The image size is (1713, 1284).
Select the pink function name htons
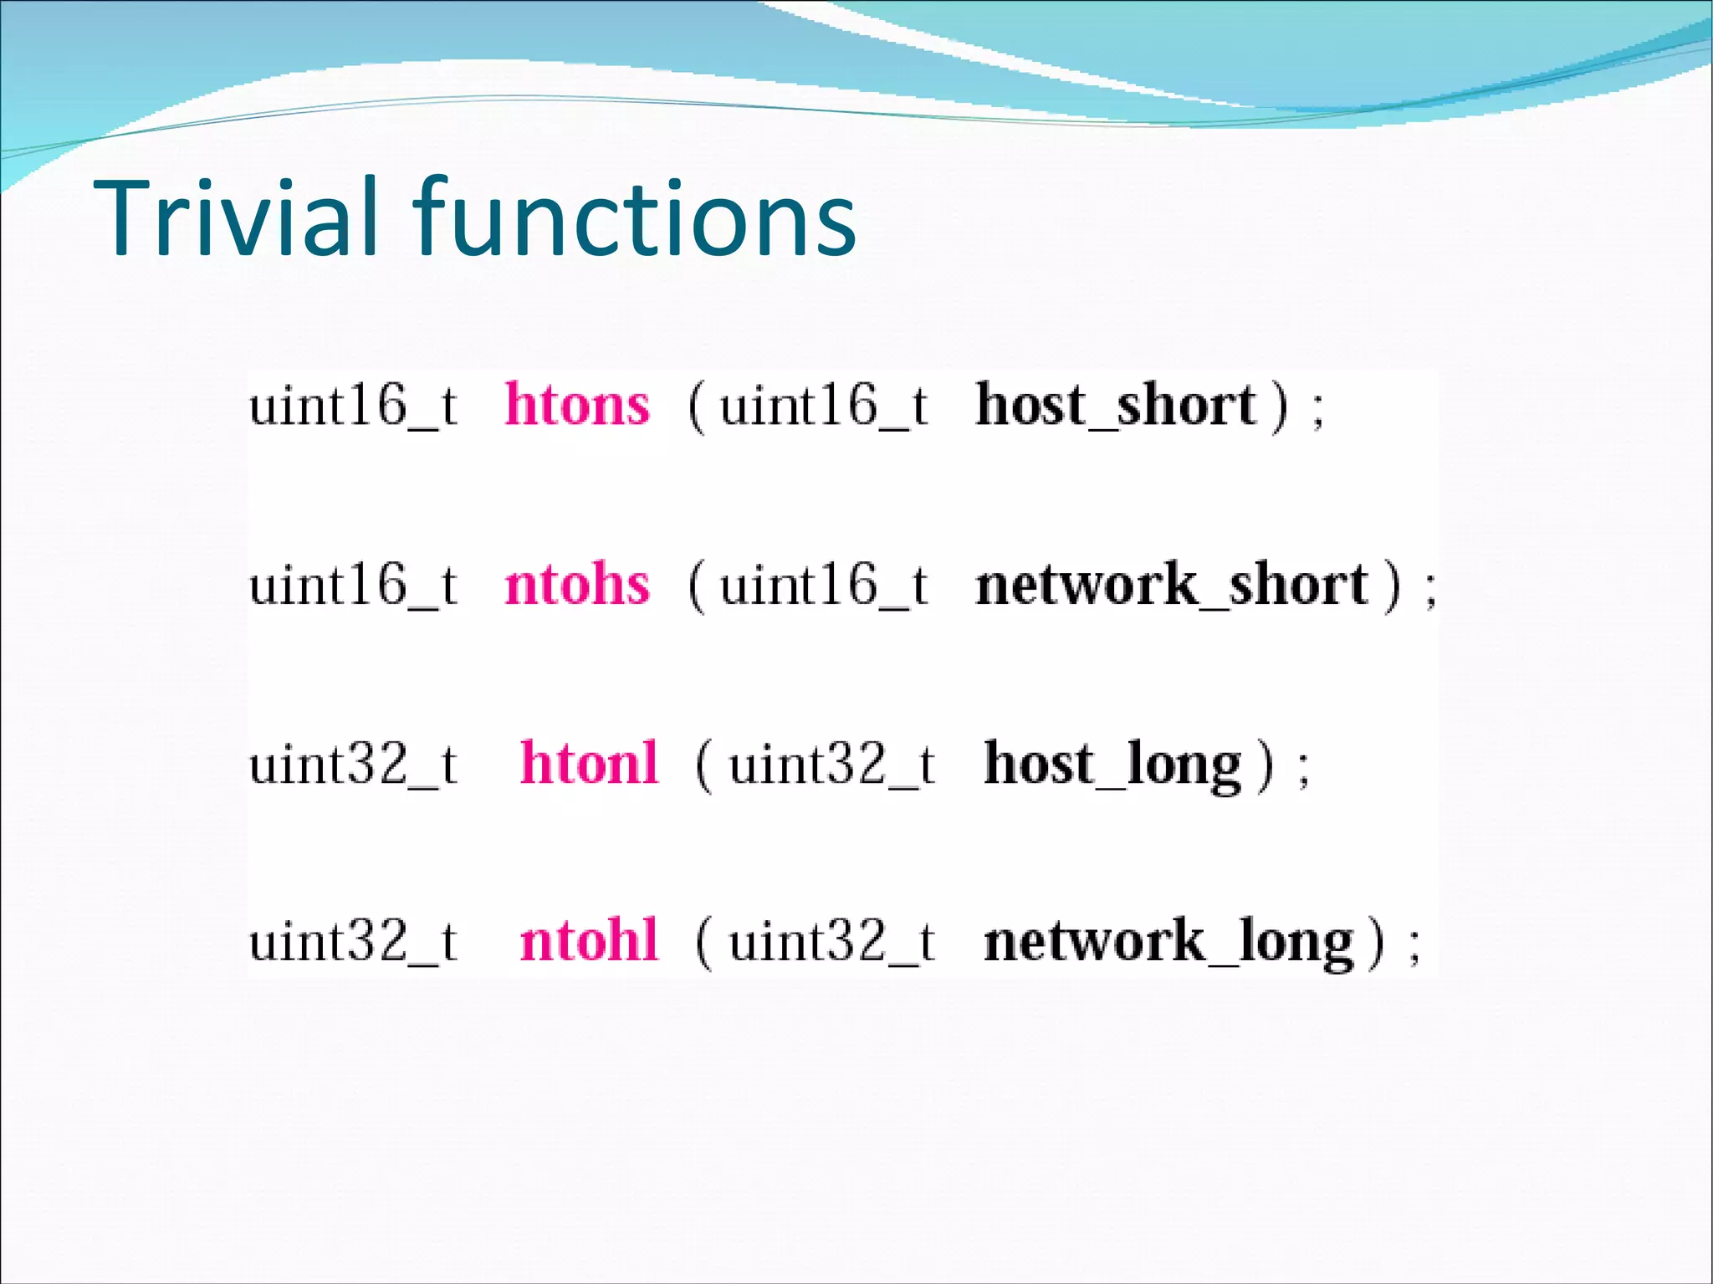577,405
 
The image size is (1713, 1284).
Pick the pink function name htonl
589,763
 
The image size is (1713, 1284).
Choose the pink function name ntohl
589,941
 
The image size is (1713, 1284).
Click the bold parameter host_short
1117,406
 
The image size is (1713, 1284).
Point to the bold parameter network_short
1171,585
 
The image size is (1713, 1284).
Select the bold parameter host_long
1112,765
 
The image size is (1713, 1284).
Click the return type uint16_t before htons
353,407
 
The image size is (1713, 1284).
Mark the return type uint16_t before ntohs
353,585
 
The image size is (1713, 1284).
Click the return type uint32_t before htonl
353,765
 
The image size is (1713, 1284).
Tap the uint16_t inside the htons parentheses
824,407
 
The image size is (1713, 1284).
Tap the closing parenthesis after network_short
1392,586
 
